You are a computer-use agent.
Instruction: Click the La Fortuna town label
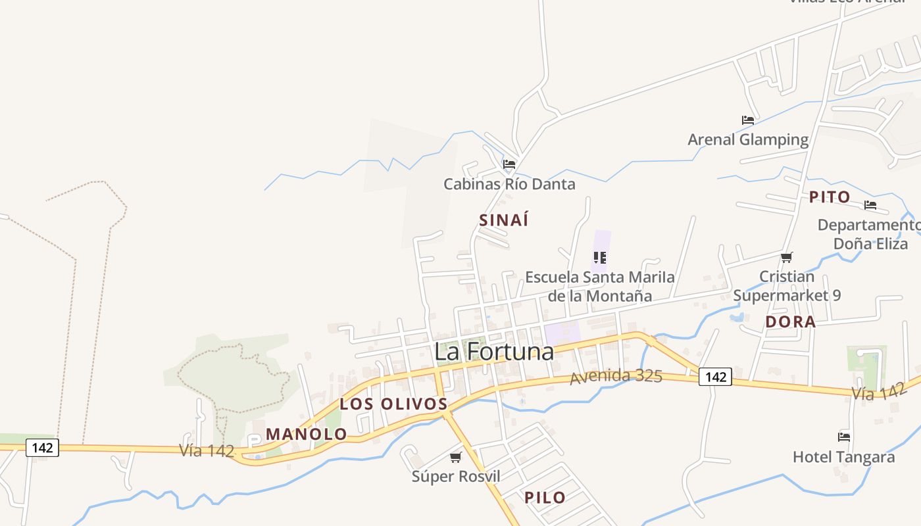tap(494, 352)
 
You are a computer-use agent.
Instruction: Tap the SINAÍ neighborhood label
tap(504, 220)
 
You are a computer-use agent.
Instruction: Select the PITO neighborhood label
tap(830, 197)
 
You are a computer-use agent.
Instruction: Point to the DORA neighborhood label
tap(791, 322)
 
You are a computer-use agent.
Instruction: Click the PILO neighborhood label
tap(545, 498)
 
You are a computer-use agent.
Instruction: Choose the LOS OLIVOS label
tap(393, 404)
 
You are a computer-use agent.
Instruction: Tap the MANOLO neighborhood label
tap(307, 434)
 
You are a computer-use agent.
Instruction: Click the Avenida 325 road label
tap(616, 377)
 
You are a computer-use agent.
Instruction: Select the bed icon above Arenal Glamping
tap(748, 120)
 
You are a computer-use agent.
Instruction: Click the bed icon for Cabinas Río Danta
tap(509, 164)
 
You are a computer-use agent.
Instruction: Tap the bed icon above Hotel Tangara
tap(844, 437)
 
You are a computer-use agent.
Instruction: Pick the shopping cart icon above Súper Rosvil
tap(455, 457)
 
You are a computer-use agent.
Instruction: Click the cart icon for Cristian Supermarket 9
tap(787, 257)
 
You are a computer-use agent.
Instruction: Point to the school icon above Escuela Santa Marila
tap(599, 258)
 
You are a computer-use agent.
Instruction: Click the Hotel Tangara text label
tap(843, 457)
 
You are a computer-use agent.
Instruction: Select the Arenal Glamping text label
tap(748, 139)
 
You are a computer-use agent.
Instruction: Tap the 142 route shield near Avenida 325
tap(714, 377)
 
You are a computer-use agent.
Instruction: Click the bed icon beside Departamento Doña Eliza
tap(870, 205)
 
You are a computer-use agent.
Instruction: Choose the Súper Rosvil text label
tap(456, 477)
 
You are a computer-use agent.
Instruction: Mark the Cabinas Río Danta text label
tap(509, 184)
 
